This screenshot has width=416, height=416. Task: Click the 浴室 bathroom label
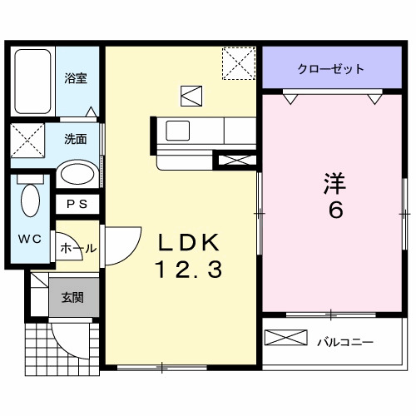pos(76,78)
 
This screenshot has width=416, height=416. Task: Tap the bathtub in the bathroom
pos(34,83)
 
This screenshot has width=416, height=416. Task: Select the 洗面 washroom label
pos(76,139)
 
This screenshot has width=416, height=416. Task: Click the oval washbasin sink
pos(77,176)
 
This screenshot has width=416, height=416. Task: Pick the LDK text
pos(188,243)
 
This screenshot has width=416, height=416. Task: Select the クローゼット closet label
pos(330,69)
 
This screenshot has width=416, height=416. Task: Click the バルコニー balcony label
pos(344,341)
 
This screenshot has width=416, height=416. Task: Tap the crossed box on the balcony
pos(286,339)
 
